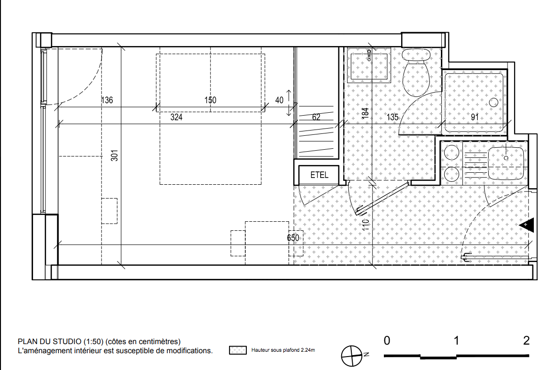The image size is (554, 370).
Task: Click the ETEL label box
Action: [319, 175]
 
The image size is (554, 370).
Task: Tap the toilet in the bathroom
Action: [416, 72]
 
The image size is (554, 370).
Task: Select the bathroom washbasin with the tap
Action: [369, 66]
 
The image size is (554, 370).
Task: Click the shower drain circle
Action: [494, 103]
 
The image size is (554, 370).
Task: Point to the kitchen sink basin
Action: [506, 163]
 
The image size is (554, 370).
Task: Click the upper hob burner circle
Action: [451, 153]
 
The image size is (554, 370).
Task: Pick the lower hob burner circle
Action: [451, 174]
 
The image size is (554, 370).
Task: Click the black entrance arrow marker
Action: [526, 226]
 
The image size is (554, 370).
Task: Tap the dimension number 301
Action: [115, 155]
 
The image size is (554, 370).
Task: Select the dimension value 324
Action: [176, 117]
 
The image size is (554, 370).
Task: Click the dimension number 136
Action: [107, 100]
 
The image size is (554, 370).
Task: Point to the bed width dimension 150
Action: [210, 100]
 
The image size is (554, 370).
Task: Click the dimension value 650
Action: [293, 238]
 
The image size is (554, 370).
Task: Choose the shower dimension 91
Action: [475, 117]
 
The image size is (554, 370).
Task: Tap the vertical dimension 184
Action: [365, 113]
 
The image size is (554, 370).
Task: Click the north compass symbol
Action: [352, 356]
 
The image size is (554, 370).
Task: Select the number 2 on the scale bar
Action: [526, 341]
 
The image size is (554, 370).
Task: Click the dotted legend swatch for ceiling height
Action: [238, 350]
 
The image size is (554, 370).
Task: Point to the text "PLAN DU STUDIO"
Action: [50, 342]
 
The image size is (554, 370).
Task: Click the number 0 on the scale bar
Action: [387, 341]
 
